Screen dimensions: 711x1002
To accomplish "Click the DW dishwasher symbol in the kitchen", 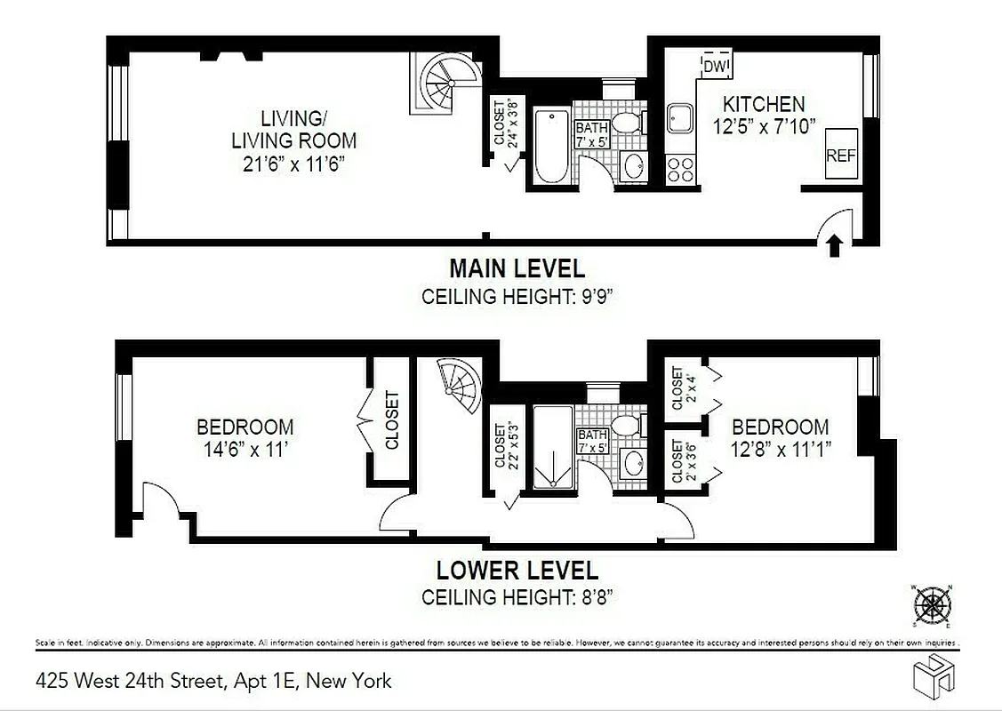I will [716, 66].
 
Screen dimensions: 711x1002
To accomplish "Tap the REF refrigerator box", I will [841, 154].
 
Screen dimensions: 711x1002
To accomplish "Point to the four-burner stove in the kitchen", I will [681, 169].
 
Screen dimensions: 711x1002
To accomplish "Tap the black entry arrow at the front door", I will [834, 246].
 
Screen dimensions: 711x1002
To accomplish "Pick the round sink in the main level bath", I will [634, 164].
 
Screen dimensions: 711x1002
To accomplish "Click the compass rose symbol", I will [931, 605].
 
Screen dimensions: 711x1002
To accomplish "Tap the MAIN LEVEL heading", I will [517, 268].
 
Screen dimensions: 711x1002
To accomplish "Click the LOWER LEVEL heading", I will [517, 570].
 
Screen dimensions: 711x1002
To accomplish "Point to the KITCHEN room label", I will [763, 104].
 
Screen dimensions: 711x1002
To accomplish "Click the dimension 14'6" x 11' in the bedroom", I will [244, 449].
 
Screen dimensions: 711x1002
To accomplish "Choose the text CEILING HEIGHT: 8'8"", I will [517, 597].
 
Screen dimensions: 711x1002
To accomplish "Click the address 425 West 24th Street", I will [213, 682].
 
